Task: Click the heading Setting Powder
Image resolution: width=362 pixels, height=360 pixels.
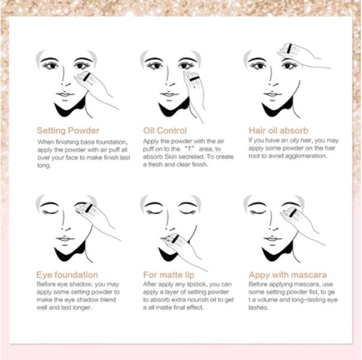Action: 68,131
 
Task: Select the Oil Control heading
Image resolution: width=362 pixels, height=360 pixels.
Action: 165,131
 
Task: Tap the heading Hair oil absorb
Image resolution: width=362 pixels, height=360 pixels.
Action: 279,131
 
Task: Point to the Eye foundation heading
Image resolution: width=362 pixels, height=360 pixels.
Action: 67,275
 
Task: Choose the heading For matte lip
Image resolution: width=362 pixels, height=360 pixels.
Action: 169,275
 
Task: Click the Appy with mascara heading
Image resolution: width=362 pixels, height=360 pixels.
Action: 288,275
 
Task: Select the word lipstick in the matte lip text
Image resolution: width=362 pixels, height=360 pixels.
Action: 193,284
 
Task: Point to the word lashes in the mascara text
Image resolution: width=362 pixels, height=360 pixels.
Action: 258,308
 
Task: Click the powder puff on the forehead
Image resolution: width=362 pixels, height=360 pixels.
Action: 289,49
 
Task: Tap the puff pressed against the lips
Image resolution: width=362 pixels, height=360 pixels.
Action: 173,239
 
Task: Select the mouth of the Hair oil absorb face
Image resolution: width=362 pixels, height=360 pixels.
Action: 273,95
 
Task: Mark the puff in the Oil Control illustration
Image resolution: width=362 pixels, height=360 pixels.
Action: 193,79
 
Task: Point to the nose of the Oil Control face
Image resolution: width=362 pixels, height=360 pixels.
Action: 169,76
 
